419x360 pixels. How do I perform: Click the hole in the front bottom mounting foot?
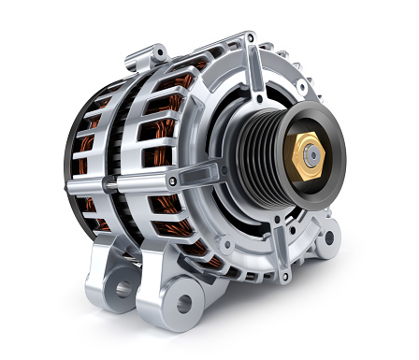183,302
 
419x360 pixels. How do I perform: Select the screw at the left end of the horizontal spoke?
172,181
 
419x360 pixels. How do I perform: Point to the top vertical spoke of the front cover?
253,70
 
